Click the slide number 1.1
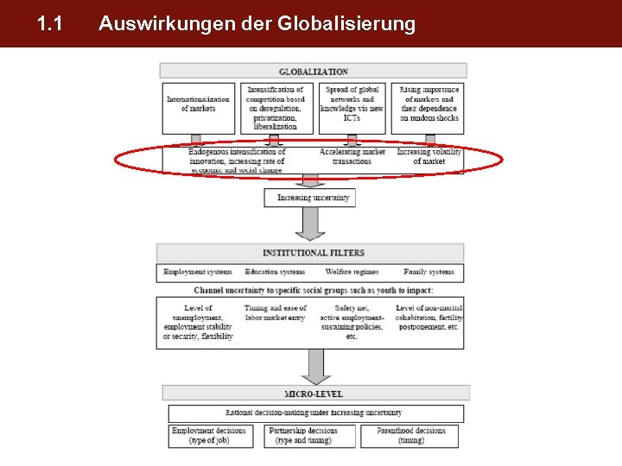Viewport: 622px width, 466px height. [50, 24]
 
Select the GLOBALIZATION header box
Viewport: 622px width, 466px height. [314, 71]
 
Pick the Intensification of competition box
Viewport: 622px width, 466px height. [276, 107]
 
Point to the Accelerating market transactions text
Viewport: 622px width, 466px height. [352, 157]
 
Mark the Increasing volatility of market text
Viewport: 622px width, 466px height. [429, 157]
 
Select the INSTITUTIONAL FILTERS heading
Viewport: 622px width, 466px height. [314, 253]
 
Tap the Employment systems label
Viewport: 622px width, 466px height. [198, 272]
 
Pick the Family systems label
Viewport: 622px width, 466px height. [428, 272]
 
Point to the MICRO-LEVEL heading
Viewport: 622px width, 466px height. [314, 394]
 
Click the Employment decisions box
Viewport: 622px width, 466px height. [208, 436]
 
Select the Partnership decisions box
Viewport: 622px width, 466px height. [303, 436]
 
